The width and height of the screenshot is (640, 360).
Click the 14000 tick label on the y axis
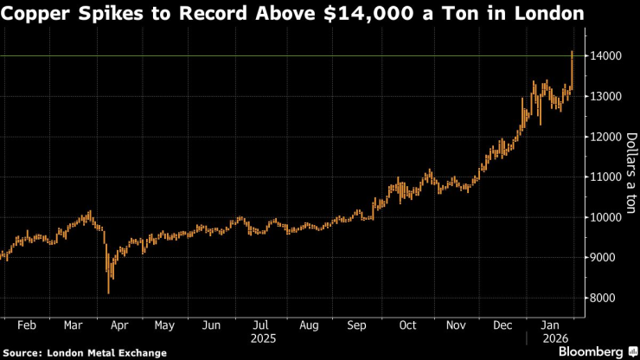609,56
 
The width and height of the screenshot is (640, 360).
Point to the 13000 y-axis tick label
609,96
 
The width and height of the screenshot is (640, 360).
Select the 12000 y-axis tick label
609,137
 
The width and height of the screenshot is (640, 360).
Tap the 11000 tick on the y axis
609,177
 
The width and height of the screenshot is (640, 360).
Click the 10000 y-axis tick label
609,217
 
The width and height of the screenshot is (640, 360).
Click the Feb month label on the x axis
26,325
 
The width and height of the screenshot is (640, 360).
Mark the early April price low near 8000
109,292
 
